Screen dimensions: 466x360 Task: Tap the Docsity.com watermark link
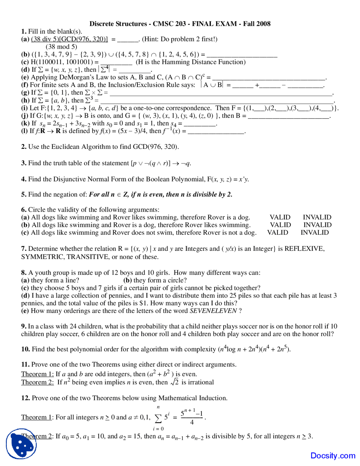click(x=333, y=455)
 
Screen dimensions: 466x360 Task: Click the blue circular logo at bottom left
click(x=21, y=444)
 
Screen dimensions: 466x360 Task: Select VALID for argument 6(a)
click(x=280, y=217)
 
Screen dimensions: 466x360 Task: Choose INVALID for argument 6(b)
click(x=317, y=225)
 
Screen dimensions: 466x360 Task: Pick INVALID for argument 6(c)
click(x=314, y=232)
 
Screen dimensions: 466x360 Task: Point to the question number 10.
click(x=25, y=349)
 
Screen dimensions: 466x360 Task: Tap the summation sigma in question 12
click(x=158, y=418)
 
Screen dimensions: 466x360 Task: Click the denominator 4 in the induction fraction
click(x=192, y=422)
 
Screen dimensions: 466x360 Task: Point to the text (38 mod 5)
click(x=61, y=47)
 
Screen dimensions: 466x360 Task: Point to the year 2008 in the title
click(x=263, y=24)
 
